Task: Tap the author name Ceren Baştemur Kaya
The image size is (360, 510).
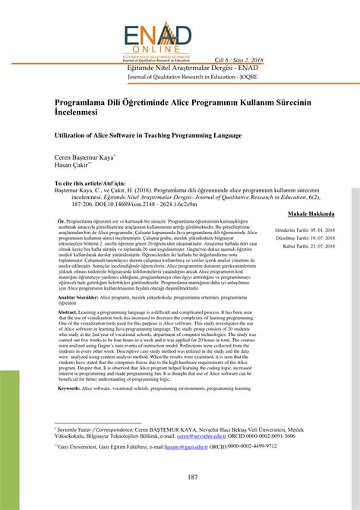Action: (x=84, y=157)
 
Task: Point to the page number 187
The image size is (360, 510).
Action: (x=180, y=477)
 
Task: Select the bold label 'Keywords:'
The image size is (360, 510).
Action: (x=69, y=388)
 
